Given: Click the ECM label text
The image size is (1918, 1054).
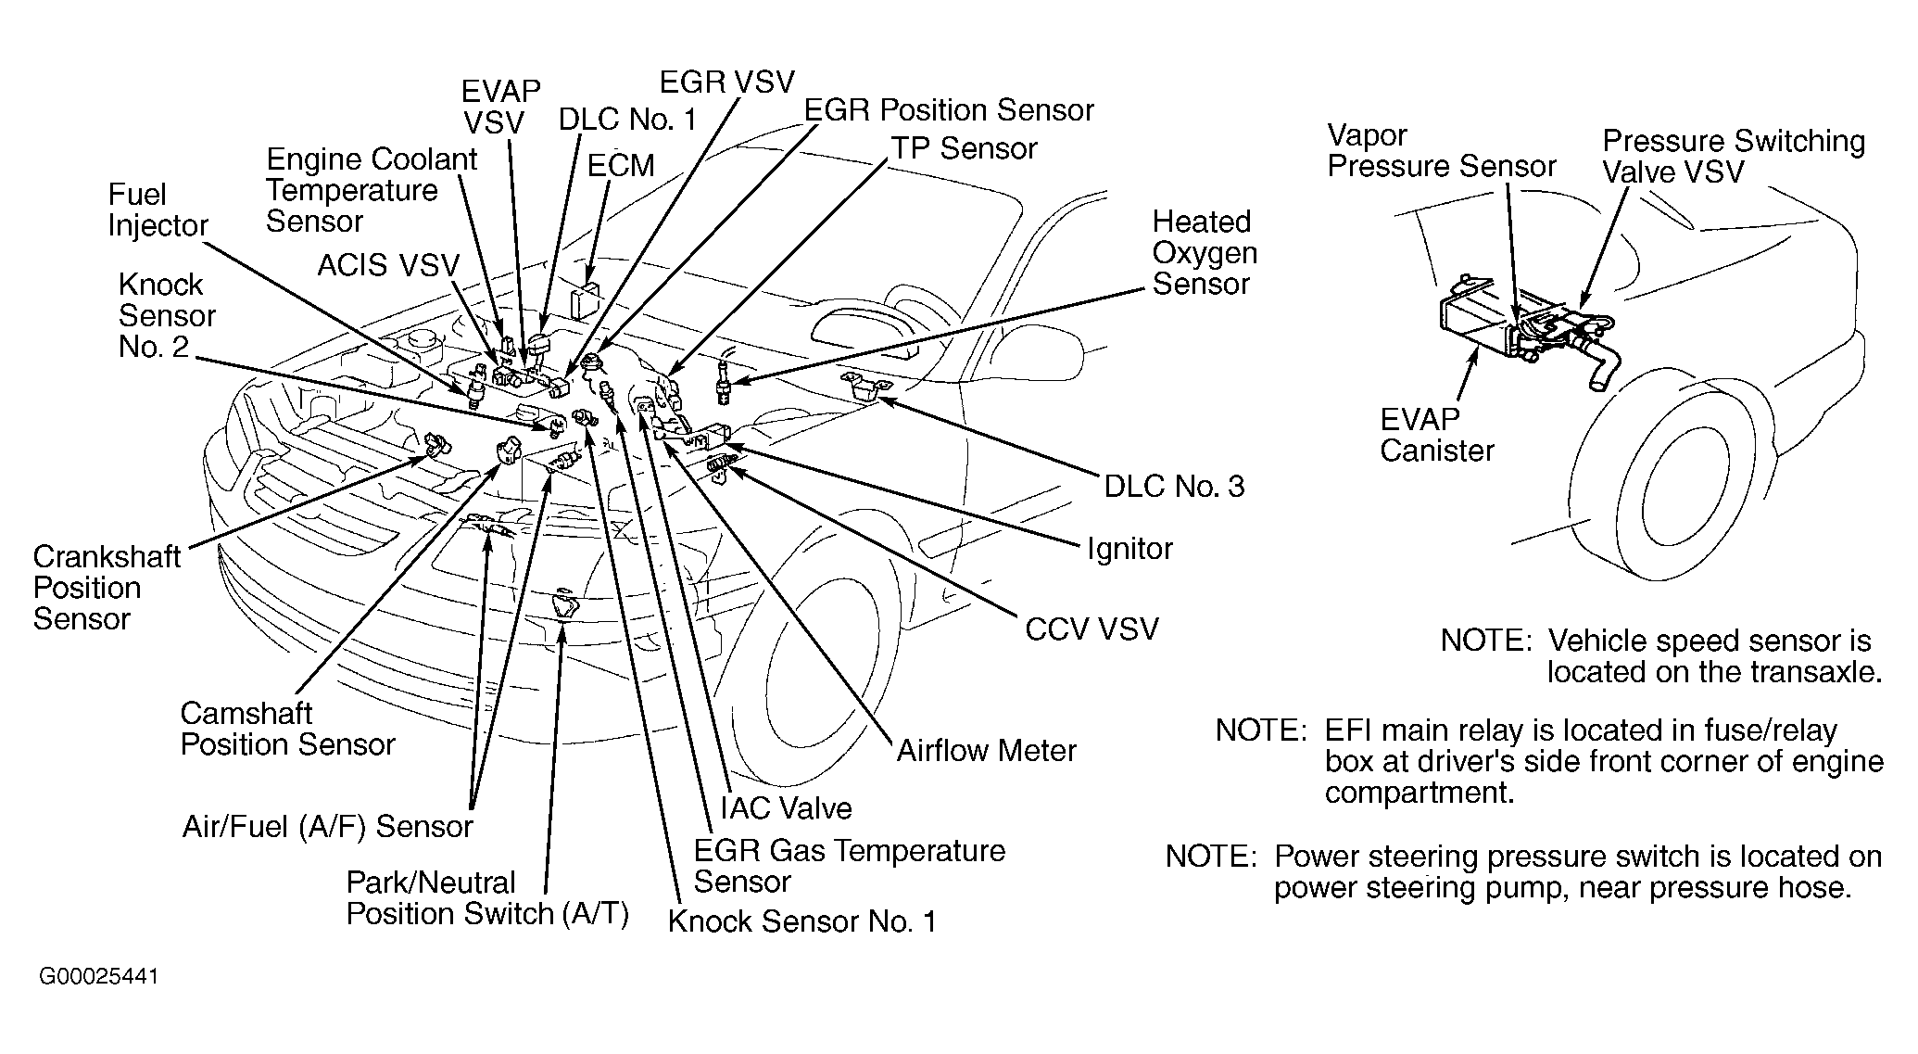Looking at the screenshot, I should [x=621, y=165].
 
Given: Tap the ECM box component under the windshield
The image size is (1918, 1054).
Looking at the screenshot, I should [x=585, y=301].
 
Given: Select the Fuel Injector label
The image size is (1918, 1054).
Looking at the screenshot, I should [x=158, y=210].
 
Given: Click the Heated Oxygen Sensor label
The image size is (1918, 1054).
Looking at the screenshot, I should [x=1205, y=253].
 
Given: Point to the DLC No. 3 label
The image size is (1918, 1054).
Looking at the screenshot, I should [x=1174, y=487].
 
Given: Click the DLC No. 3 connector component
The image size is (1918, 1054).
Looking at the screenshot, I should [x=864, y=387].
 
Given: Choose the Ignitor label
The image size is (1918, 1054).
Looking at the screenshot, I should [x=1129, y=549].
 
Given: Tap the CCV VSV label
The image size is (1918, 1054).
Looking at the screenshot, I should [x=1091, y=630].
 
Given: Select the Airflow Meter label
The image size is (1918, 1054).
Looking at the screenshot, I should [x=986, y=751].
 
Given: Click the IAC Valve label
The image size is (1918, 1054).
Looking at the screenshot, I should [x=786, y=808].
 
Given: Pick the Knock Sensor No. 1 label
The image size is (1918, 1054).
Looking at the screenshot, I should [x=801, y=921].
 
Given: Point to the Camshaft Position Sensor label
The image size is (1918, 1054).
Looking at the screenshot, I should [x=287, y=730].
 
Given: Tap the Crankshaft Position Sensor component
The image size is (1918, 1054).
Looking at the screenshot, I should [x=435, y=445].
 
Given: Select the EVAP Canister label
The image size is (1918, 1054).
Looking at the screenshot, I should [x=1436, y=436].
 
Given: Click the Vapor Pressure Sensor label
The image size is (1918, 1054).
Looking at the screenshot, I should [x=1441, y=151].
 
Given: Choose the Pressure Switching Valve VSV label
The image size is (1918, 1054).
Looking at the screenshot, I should [x=1733, y=157].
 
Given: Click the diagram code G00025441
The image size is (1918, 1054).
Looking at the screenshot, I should [x=99, y=977].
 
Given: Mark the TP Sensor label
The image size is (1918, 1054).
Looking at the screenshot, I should [x=964, y=149].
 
